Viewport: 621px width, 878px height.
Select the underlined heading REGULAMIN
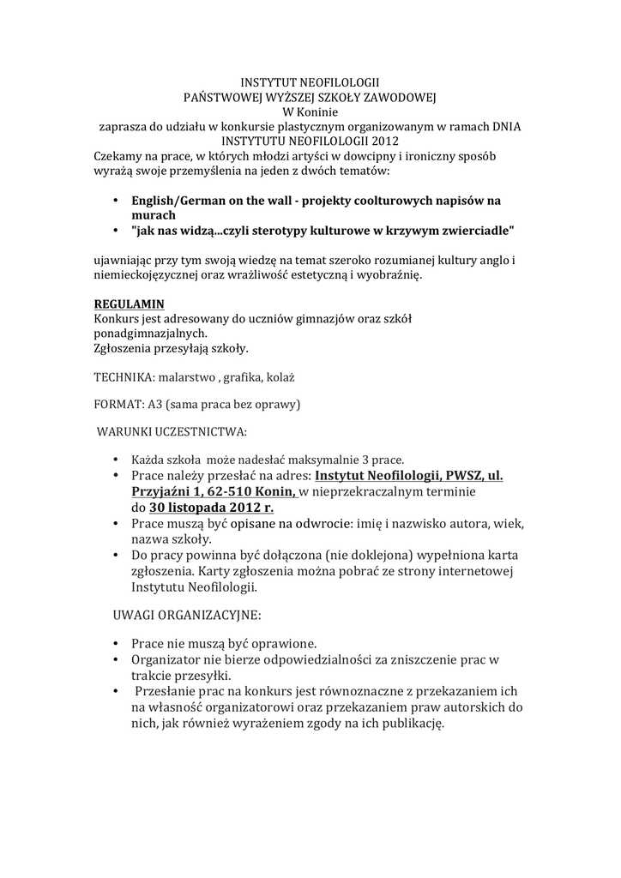click(x=128, y=304)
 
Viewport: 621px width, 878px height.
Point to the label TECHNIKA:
click(x=124, y=376)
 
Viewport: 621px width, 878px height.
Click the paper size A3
click(x=155, y=404)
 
